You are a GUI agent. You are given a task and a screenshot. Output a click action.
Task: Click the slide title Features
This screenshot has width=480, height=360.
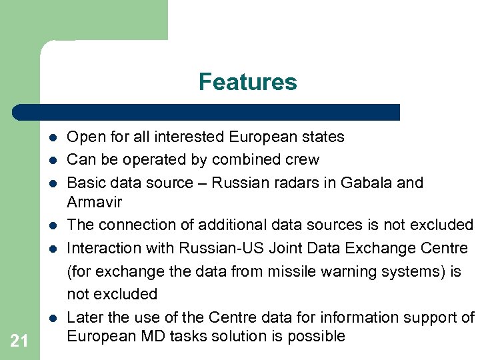(x=247, y=82)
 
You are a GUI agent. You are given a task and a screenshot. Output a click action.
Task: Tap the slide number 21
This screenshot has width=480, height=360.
(x=19, y=341)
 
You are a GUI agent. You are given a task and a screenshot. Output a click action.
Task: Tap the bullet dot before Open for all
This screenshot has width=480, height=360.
(x=51, y=138)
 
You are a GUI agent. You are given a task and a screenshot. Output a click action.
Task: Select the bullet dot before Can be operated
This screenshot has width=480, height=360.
(x=51, y=161)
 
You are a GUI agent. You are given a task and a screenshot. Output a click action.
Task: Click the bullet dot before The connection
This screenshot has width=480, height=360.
(x=51, y=225)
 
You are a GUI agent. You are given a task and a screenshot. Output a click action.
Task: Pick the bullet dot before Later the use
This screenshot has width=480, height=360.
(x=51, y=317)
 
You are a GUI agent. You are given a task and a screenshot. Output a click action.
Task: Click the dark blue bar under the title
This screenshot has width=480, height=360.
(x=207, y=112)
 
